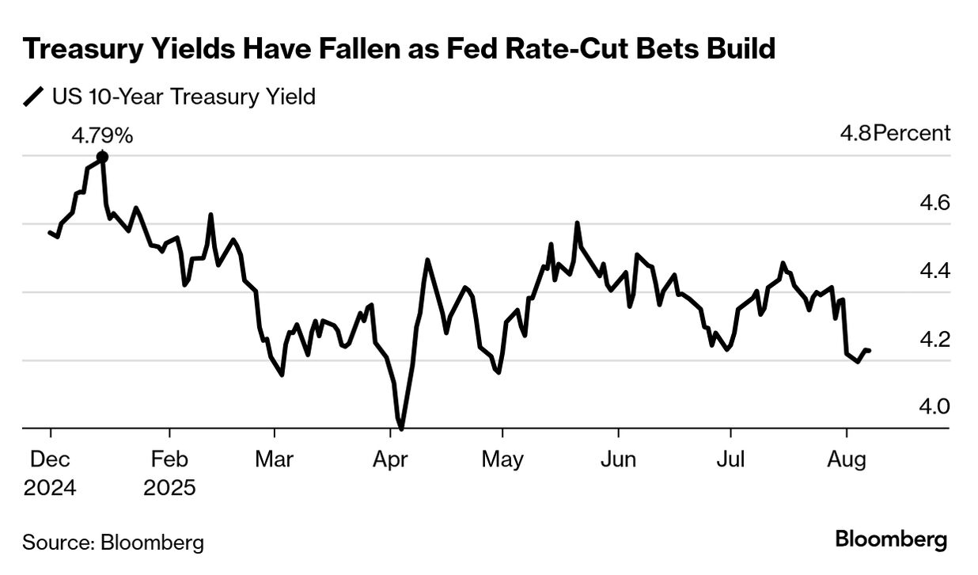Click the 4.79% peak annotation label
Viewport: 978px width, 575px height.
pos(102,135)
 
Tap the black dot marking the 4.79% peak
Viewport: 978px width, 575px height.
pos(102,157)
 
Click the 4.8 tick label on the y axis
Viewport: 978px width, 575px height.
pos(855,133)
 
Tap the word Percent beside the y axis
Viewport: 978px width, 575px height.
pos(911,133)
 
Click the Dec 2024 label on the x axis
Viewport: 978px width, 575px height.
pos(50,473)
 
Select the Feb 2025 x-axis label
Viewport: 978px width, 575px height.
pos(169,473)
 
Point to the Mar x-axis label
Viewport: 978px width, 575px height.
pos(274,459)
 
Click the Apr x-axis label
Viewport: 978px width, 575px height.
pos(390,459)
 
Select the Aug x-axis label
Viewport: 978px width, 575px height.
pos(847,459)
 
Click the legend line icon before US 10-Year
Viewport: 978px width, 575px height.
pos(34,97)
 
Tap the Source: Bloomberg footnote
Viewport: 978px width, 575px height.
pos(113,543)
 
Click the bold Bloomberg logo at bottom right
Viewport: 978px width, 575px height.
pos(891,541)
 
